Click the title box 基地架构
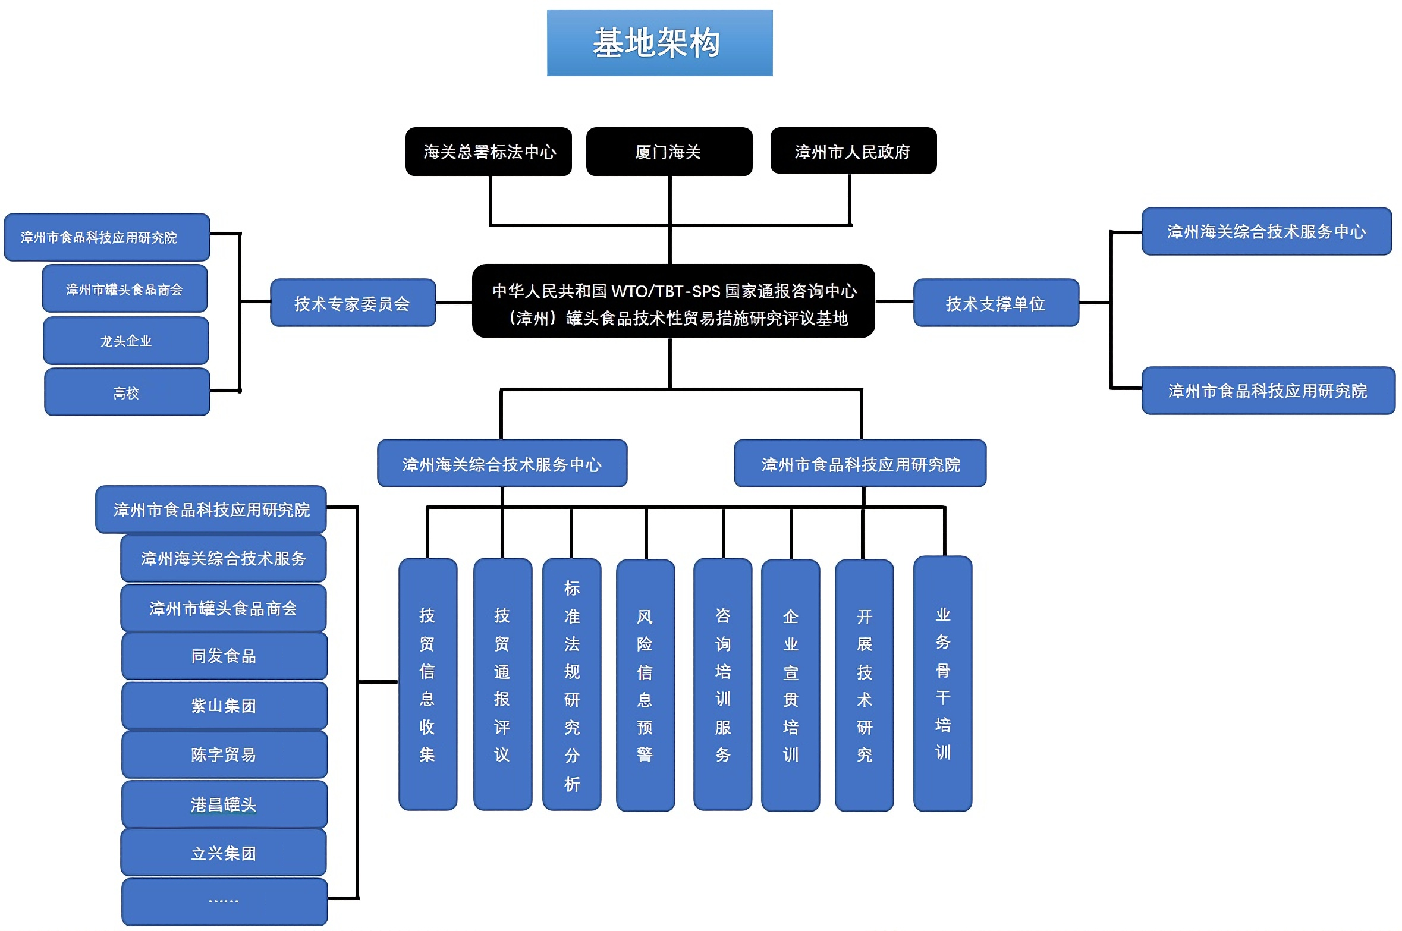coord(659,43)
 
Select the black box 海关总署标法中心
coord(488,152)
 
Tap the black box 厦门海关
coord(668,152)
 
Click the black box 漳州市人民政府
coord(853,151)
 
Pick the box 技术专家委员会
coord(353,303)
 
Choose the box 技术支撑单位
coord(995,303)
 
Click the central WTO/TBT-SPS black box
coord(673,302)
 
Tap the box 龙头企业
coord(126,341)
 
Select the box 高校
coord(127,392)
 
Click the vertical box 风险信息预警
coord(645,685)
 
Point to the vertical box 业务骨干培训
coord(942,684)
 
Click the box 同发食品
coord(224,656)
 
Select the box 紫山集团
coord(224,706)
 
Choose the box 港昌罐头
coord(224,804)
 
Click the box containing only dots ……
coord(224,901)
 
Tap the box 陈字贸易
coord(224,755)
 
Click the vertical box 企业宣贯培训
coord(790,685)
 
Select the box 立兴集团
coord(224,853)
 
